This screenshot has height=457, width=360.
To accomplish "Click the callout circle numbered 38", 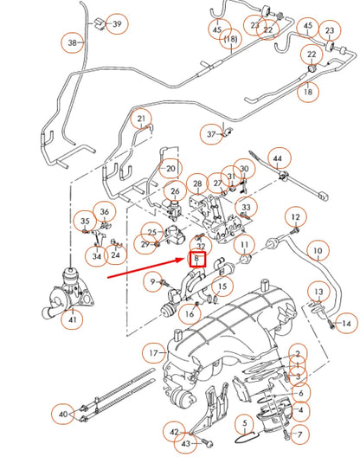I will point(73,42).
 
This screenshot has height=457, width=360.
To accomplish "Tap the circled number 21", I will point(143,119).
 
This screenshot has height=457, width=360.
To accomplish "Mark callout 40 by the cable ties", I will point(62,415).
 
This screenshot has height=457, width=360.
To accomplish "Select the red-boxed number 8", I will point(198,258).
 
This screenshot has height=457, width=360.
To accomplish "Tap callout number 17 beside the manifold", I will point(155,353).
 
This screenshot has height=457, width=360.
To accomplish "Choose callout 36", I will point(105,212).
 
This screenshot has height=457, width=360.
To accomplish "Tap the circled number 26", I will point(175,191).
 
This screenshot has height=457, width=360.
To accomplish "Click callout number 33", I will point(247,208).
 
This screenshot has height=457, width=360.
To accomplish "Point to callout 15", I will point(223,286).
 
